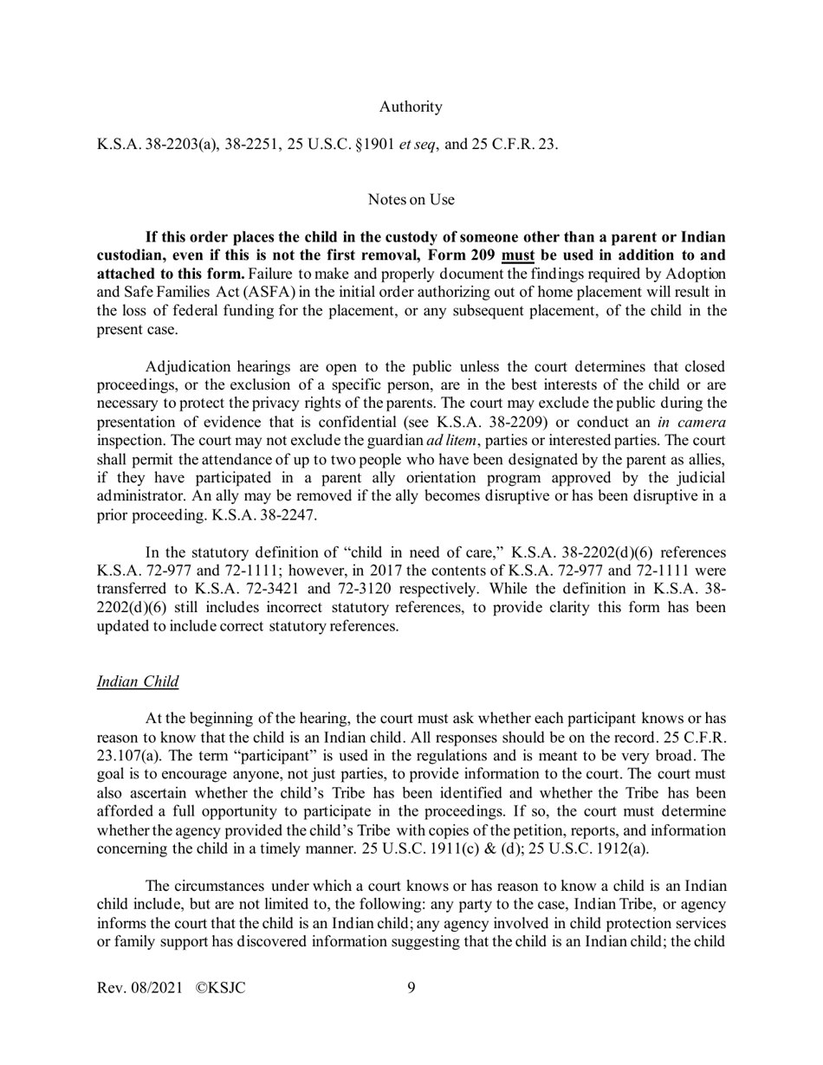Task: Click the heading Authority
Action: click(x=411, y=107)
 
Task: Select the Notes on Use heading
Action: click(x=411, y=200)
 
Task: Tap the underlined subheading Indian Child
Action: click(x=138, y=681)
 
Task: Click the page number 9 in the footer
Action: click(x=411, y=986)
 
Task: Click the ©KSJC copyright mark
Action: click(x=220, y=986)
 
